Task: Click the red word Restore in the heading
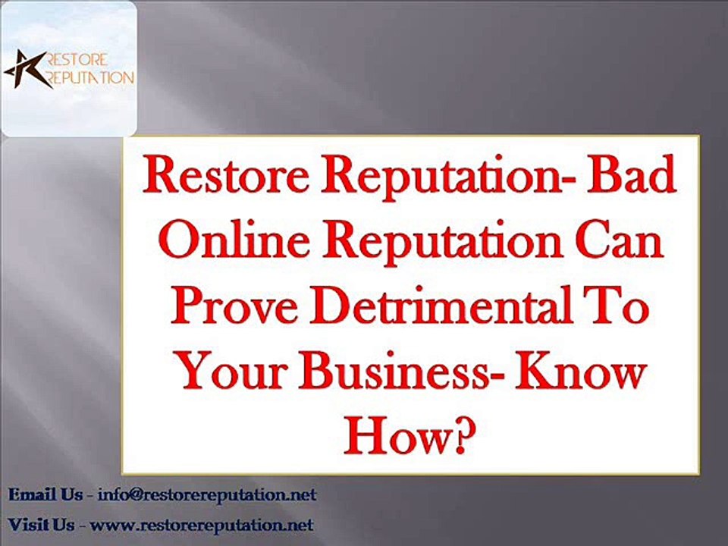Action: pos(225,175)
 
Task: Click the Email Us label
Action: pos(45,494)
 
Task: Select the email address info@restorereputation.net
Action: pos(207,494)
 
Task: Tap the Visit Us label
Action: pos(41,525)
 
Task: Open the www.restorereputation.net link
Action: pos(202,525)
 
